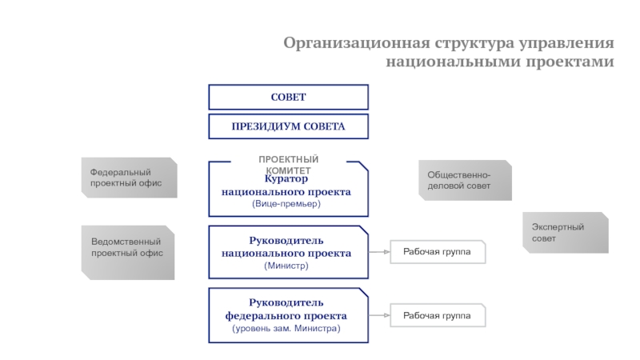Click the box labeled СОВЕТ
pos(288,98)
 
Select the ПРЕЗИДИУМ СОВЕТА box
pos(288,126)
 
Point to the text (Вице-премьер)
pos(286,204)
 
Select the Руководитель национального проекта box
pos(288,252)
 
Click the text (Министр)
pos(286,266)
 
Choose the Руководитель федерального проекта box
pos(288,315)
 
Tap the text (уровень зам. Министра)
pos(286,329)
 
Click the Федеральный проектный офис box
pos(128,178)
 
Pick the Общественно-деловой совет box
pos(465,180)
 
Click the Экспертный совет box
pos(564,233)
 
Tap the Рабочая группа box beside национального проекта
pos(437,253)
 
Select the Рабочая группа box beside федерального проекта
pos(437,316)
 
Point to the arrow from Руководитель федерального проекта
pos(379,316)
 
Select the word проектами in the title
pos(574,62)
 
